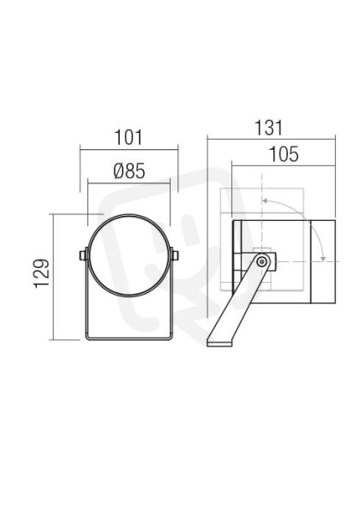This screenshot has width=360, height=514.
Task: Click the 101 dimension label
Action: [x=129, y=138]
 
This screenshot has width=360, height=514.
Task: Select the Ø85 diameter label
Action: [x=129, y=171]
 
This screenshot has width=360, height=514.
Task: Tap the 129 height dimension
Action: [x=42, y=274]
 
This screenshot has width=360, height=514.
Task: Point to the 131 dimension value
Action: [x=268, y=128]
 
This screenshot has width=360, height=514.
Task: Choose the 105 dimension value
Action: [x=284, y=154]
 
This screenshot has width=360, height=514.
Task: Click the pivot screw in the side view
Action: [x=261, y=261]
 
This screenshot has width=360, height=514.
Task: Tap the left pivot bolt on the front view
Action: [x=83, y=255]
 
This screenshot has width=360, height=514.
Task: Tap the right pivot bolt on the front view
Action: [x=175, y=255]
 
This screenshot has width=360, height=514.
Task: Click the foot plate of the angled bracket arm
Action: [x=219, y=344]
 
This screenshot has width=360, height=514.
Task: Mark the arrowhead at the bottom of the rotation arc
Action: [x=323, y=259]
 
